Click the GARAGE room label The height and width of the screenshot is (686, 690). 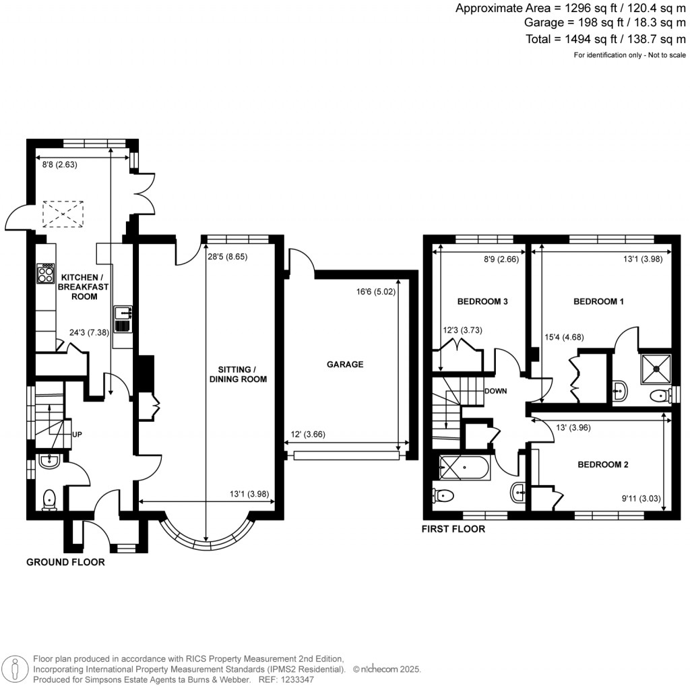[345, 364]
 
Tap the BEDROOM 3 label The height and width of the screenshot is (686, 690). [482, 302]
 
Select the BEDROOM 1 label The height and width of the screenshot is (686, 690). [598, 302]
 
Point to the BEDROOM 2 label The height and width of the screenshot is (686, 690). [602, 464]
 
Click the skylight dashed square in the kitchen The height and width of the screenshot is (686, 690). [62, 214]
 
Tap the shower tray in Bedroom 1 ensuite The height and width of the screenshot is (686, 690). [652, 365]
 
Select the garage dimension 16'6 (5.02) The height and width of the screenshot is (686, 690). [374, 292]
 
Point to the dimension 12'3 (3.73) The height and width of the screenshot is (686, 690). [462, 330]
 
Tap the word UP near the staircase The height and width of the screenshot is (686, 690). [77, 435]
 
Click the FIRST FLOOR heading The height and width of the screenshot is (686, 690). [453, 529]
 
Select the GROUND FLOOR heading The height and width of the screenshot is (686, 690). [65, 561]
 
